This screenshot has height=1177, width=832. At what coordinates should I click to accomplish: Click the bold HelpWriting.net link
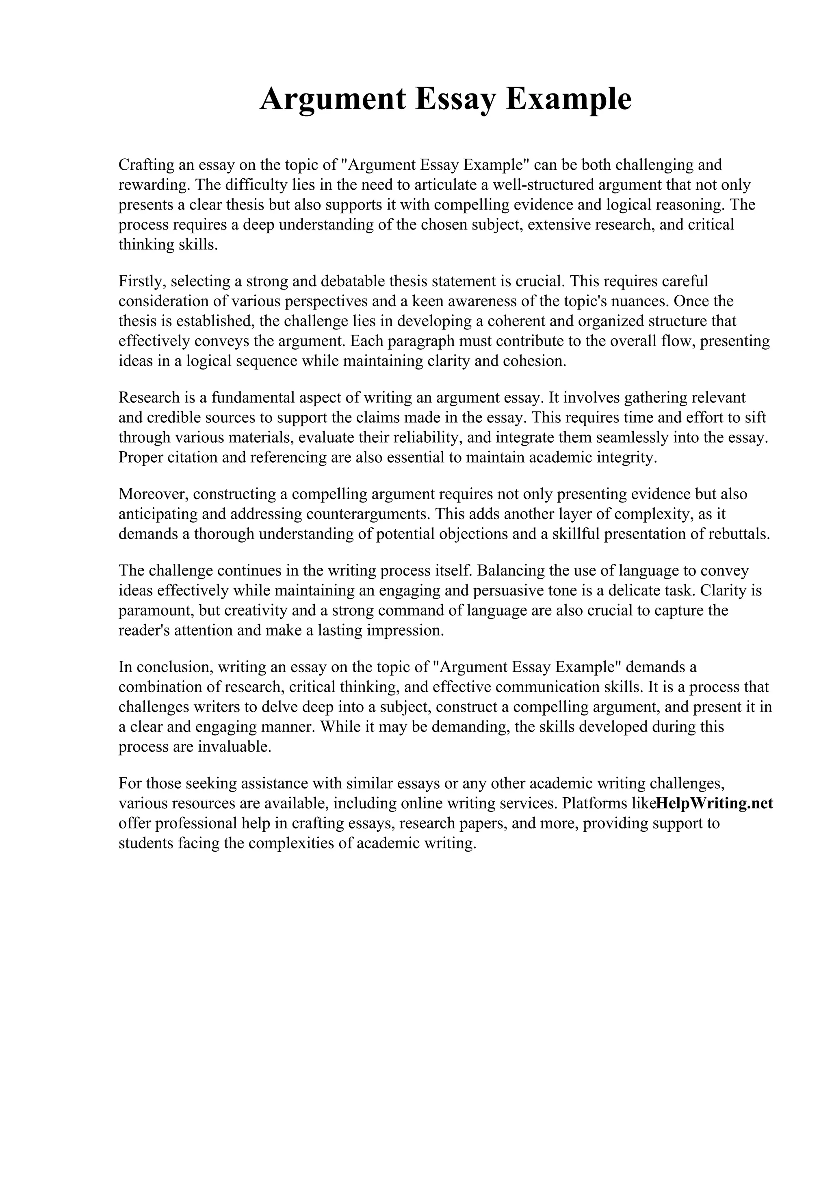(x=714, y=803)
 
